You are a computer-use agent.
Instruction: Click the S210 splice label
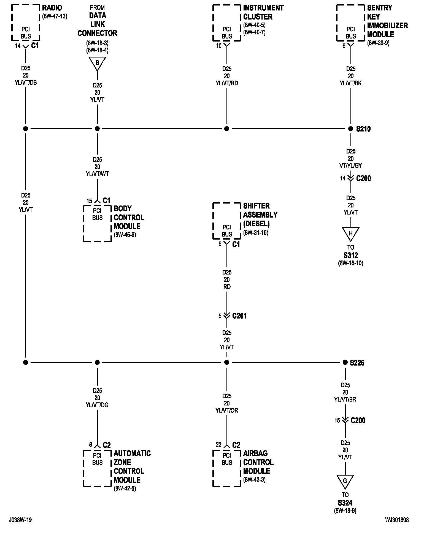coord(363,129)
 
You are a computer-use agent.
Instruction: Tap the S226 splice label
coord(357,363)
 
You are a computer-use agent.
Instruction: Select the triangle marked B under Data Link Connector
coord(97,63)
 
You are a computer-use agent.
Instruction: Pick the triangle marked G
coord(345,481)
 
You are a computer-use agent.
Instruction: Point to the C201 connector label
coord(239,316)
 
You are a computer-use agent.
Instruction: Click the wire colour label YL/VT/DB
coord(26,83)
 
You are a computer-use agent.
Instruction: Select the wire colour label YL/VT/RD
coord(226,83)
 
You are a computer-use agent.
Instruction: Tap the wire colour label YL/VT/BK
coord(350,83)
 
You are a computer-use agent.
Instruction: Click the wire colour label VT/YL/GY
coord(350,166)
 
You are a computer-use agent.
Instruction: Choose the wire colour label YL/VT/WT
coord(97,174)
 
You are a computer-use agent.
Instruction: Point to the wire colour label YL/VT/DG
coord(97,405)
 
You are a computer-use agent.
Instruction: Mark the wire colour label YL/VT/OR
coord(226,410)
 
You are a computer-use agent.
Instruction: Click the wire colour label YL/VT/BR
coord(345,399)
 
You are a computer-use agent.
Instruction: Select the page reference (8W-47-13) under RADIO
coord(55,16)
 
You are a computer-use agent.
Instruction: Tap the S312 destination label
coord(350,255)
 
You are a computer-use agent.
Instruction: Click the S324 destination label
coord(345,503)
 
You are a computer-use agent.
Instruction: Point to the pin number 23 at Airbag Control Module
coord(218,444)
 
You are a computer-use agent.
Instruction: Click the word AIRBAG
coord(255,453)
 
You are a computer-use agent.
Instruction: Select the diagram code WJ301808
coord(397,520)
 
